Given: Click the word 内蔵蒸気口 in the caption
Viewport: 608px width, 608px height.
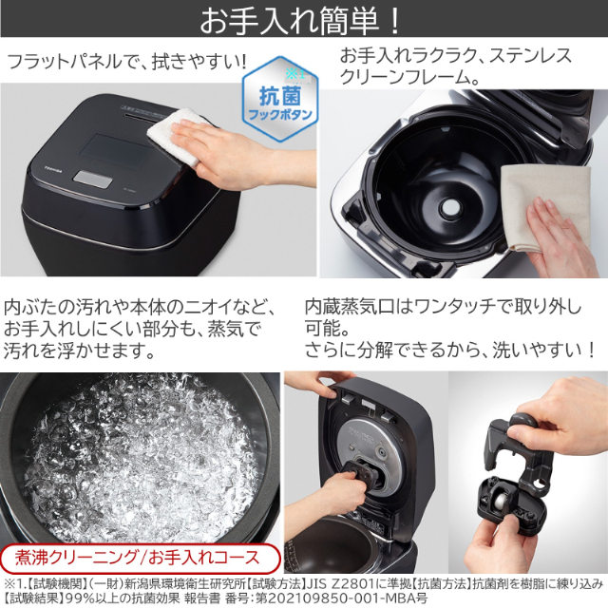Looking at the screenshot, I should pos(347,308).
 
